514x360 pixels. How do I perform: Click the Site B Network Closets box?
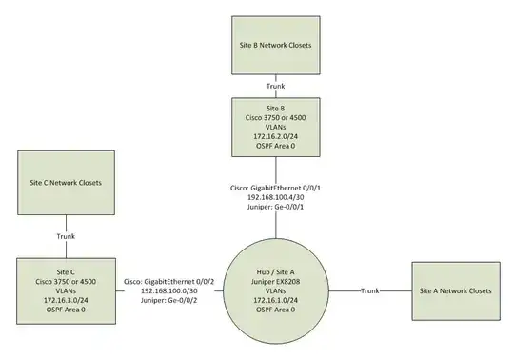coord(274,44)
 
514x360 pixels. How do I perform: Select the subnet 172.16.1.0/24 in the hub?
coord(274,299)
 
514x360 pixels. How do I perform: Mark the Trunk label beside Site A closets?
coord(370,290)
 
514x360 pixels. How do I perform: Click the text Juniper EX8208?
coord(274,279)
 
